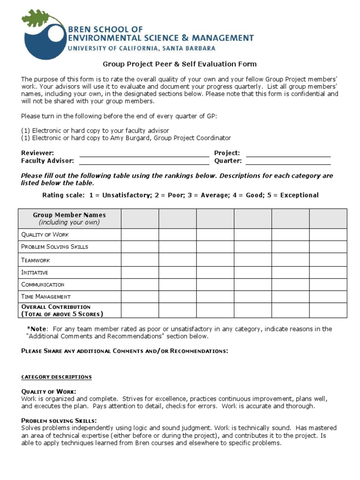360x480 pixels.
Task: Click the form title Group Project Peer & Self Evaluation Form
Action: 180,64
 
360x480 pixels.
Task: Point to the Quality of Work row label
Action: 45,234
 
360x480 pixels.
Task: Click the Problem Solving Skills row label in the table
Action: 54,247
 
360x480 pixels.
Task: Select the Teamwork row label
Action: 36,260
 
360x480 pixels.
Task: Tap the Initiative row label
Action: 35,272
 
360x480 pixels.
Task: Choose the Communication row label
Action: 43,285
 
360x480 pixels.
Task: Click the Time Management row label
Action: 46,297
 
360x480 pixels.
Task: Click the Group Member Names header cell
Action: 69,218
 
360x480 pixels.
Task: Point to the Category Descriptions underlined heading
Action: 56,377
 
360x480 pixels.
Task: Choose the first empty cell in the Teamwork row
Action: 140,260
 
